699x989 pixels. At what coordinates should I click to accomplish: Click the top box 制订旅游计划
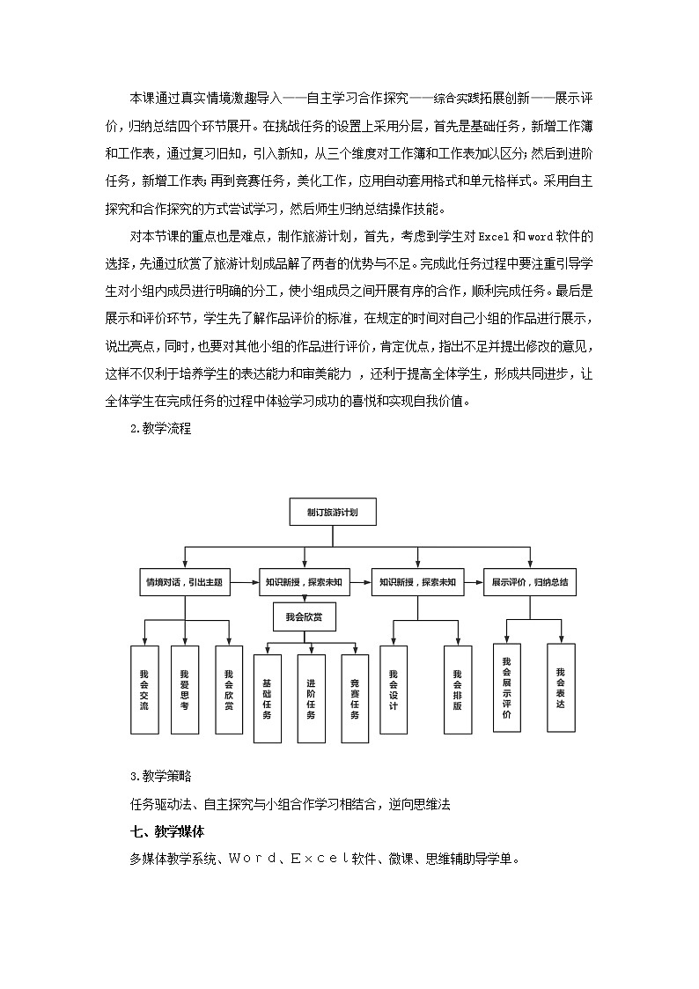click(333, 511)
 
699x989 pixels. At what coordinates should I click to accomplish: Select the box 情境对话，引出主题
click(184, 582)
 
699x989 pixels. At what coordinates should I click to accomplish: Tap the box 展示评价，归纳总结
click(529, 582)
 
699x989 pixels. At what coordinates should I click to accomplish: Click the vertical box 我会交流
click(144, 690)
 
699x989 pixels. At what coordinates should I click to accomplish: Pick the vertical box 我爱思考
click(184, 690)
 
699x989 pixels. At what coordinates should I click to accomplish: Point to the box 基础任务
click(267, 700)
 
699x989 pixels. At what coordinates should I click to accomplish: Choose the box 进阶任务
click(311, 700)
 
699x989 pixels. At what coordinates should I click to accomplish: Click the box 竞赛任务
click(355, 700)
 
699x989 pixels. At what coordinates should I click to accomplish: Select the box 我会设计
click(394, 690)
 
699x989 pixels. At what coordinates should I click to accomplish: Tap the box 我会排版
click(457, 690)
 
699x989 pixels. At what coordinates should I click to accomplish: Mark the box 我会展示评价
click(506, 687)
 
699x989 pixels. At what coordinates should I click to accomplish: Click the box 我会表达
click(561, 687)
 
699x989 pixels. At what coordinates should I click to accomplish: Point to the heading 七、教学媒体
click(167, 830)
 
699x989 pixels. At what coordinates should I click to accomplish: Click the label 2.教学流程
click(160, 429)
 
